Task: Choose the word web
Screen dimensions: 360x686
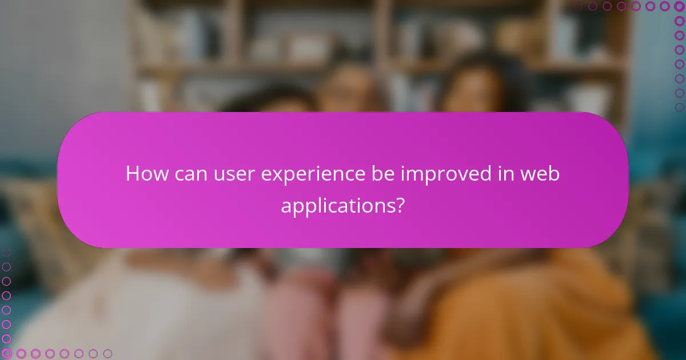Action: (540, 174)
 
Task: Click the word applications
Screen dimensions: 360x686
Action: (337, 206)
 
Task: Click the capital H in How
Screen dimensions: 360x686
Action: (133, 174)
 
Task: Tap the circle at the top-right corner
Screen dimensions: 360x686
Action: (680, 6)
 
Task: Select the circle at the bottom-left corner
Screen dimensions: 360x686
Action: (6, 354)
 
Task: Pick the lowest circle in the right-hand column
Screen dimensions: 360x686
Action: (680, 107)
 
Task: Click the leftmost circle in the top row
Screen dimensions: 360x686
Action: (578, 6)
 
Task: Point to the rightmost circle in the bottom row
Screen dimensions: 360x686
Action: (107, 354)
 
